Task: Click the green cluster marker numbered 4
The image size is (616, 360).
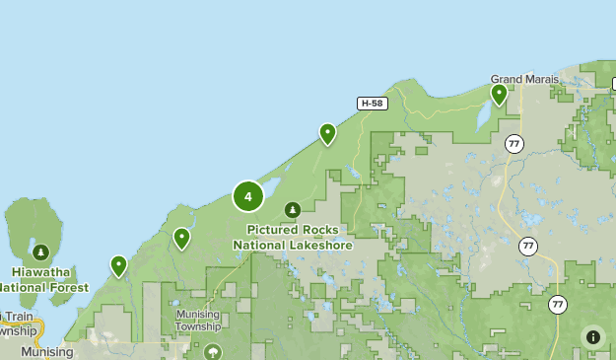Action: coord(247,196)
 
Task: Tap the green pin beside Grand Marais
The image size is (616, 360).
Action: coord(499,95)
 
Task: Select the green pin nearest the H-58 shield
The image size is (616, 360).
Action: coord(327,133)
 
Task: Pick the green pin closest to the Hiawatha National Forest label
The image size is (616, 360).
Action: coord(118,265)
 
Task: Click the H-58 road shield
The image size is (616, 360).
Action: coord(371,103)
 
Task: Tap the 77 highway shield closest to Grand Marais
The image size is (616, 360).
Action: coord(513,144)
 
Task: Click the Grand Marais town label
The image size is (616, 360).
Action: coord(524,79)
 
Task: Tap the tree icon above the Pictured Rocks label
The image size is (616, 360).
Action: coord(293,209)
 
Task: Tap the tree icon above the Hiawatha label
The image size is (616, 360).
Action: coord(41,252)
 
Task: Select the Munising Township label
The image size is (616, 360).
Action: coord(197,320)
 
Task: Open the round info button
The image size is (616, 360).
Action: coord(592,336)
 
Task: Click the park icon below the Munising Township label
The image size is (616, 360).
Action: coord(212,351)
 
